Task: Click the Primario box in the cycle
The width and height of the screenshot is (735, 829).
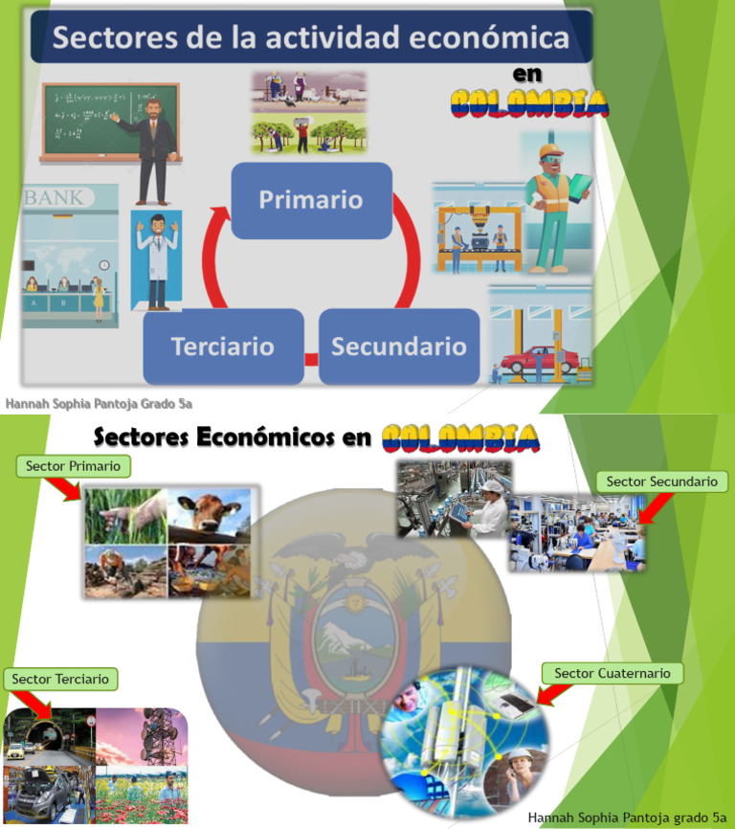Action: point(312,200)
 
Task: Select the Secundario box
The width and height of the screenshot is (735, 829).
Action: point(399,347)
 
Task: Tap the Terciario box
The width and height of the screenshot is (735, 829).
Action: point(223,347)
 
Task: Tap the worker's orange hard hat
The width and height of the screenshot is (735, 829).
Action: point(551,150)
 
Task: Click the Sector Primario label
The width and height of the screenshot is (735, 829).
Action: point(73,466)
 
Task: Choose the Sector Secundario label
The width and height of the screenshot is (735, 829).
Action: point(661,482)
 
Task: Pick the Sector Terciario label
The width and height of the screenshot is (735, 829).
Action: point(60,679)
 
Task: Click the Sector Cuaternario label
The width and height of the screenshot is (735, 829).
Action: point(612,673)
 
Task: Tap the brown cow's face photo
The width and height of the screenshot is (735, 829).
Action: point(210,516)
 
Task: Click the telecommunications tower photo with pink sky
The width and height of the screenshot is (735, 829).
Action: point(142,736)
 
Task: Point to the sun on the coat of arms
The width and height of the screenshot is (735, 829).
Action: point(354,602)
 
